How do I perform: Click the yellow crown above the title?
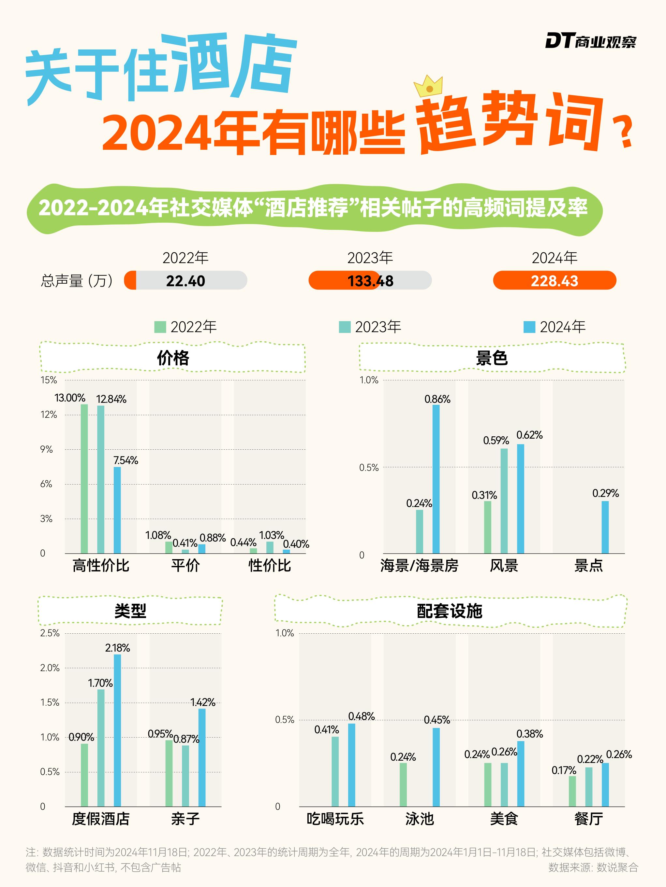(428, 86)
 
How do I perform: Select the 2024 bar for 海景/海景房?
(436, 479)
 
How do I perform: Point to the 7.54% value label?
(126, 460)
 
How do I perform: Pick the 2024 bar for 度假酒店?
(117, 731)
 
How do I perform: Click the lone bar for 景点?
(605, 527)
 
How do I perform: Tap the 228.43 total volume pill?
(555, 280)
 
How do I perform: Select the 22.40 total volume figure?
(185, 281)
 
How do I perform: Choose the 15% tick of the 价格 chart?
(49, 380)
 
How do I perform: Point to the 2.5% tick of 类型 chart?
(50, 633)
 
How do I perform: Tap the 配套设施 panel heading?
(450, 611)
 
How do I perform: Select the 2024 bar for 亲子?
(202, 758)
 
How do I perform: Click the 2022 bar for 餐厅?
(572, 791)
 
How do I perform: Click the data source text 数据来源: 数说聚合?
(593, 867)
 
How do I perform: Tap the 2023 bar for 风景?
(504, 501)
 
